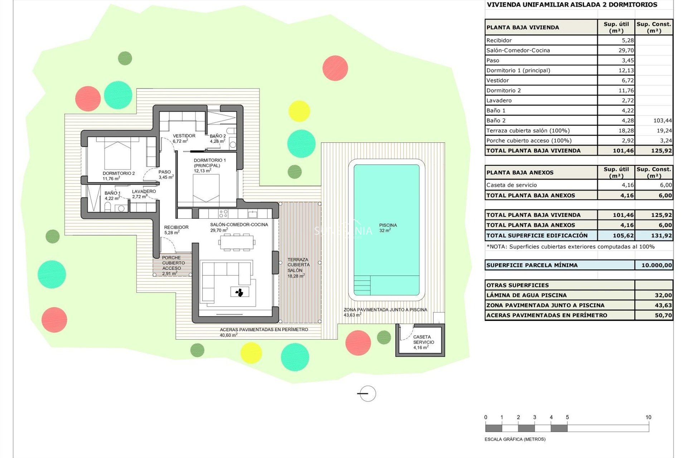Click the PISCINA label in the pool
pyautogui.click(x=388, y=225)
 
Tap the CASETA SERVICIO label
pyautogui.click(x=423, y=340)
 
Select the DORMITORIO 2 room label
pyautogui.click(x=118, y=174)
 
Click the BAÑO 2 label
pyautogui.click(x=218, y=136)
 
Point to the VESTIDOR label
pyautogui.click(x=184, y=136)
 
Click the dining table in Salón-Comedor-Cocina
pyautogui.click(x=237, y=242)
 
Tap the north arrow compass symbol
pyautogui.click(x=367, y=394)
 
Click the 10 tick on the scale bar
pyautogui.click(x=648, y=417)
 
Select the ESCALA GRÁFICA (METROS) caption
pyautogui.click(x=515, y=439)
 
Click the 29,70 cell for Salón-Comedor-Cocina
pyautogui.click(x=626, y=50)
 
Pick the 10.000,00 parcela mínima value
pyautogui.click(x=656, y=265)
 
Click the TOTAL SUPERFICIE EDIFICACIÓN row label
pyautogui.click(x=537, y=235)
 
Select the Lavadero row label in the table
pyautogui.click(x=499, y=101)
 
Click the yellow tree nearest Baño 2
pyautogui.click(x=299, y=111)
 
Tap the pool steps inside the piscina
pyautogui.click(x=362, y=285)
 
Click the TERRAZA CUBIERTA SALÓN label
pyautogui.click(x=298, y=265)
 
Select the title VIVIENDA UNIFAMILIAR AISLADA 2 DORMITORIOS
pyautogui.click(x=572, y=5)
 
